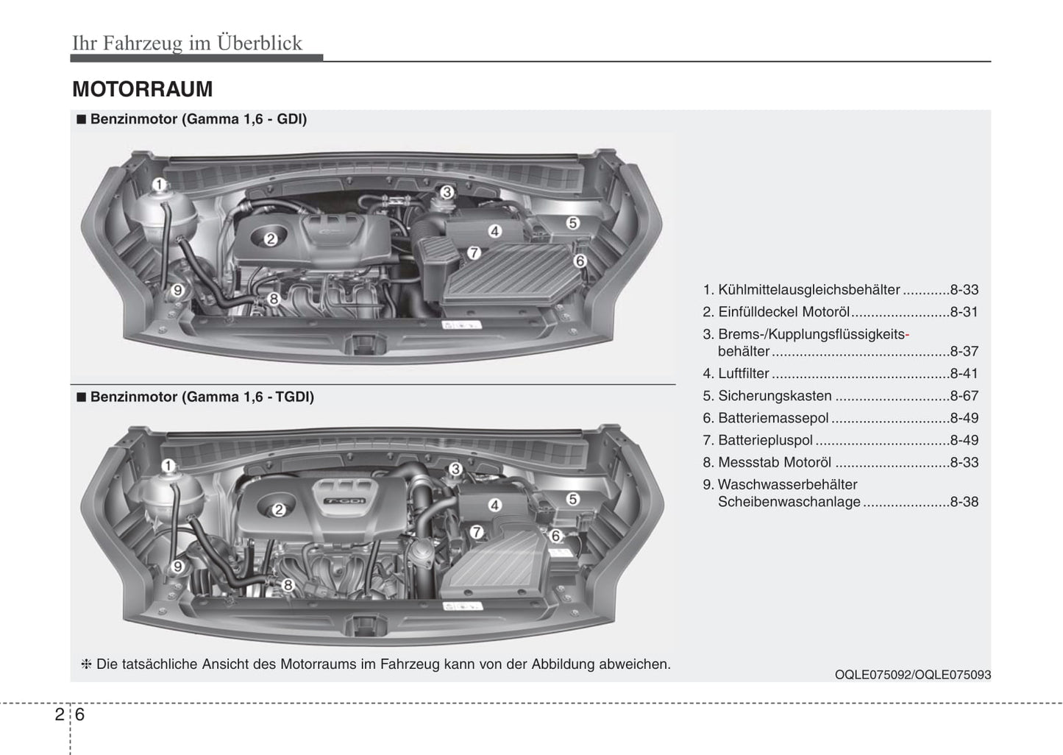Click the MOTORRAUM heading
(143, 89)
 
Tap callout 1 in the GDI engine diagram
(159, 184)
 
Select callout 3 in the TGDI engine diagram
(455, 469)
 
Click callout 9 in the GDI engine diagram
(177, 290)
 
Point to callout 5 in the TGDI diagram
(573, 499)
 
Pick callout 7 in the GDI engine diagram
(474, 252)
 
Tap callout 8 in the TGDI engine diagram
(288, 585)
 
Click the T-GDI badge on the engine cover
(344, 501)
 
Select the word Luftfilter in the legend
(743, 373)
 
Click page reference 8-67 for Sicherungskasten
(964, 396)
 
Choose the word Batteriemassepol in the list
(773, 418)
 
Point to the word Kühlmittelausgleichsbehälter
(808, 290)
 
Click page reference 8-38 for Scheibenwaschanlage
(964, 501)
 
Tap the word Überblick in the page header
(260, 43)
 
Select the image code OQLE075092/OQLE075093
(913, 675)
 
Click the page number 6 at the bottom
(79, 715)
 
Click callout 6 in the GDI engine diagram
(580, 260)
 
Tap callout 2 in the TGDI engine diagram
(279, 509)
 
